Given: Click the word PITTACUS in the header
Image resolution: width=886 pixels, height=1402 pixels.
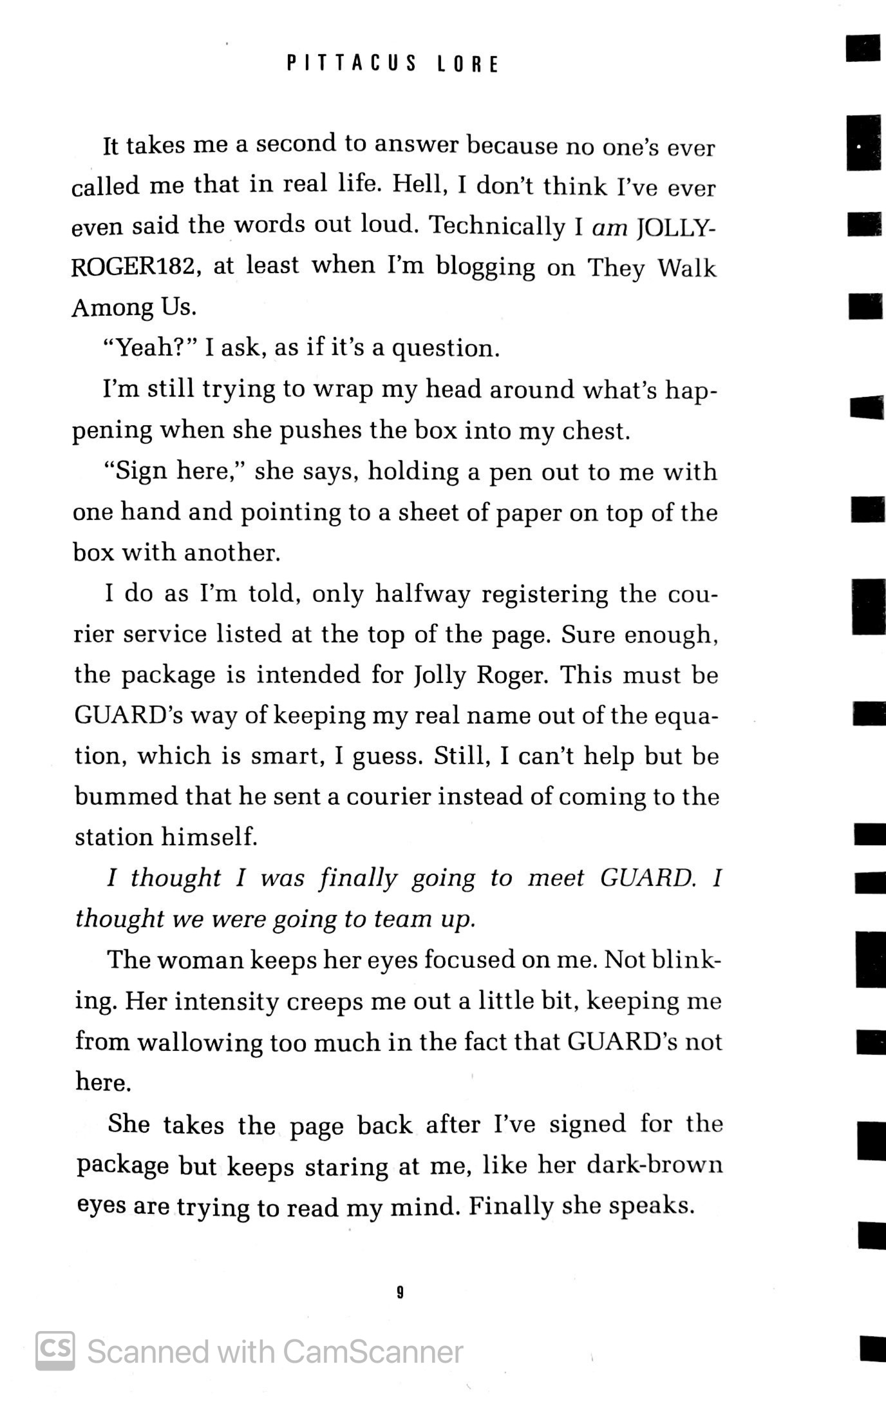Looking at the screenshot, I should click(x=352, y=64).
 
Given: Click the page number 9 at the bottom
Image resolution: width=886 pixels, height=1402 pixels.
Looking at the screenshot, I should click(x=400, y=1292).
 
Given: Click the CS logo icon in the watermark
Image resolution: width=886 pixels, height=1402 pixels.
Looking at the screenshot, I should click(x=55, y=1350).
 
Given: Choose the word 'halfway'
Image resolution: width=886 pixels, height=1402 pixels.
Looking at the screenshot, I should click(x=424, y=594).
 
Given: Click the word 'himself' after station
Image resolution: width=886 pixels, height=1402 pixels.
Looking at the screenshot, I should click(x=209, y=838).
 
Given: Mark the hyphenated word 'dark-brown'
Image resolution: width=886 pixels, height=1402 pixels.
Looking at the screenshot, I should click(x=655, y=1165).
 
